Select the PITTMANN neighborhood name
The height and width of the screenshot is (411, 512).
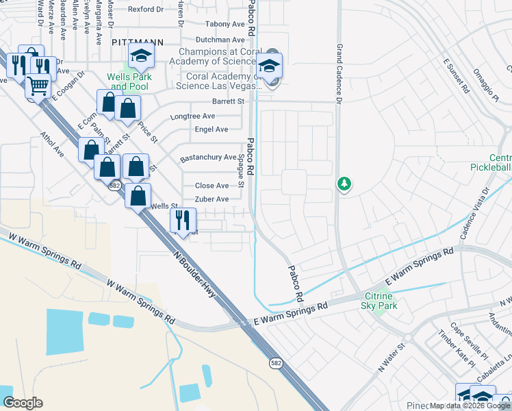pyautogui.click(x=138, y=42)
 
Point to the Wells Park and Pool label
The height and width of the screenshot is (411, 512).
pyautogui.click(x=128, y=82)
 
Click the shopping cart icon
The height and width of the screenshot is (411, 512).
pyautogui.click(x=38, y=86)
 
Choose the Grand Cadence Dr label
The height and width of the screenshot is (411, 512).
pyautogui.click(x=338, y=75)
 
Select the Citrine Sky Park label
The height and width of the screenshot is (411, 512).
pyautogui.click(x=379, y=301)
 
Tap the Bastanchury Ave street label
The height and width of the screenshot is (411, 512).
pyautogui.click(x=208, y=158)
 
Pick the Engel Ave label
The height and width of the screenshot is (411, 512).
pyautogui.click(x=212, y=129)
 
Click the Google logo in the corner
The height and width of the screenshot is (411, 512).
pyautogui.click(x=23, y=403)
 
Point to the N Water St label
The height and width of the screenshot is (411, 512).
pyautogui.click(x=392, y=357)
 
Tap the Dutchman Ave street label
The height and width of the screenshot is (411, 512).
pyautogui.click(x=220, y=40)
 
